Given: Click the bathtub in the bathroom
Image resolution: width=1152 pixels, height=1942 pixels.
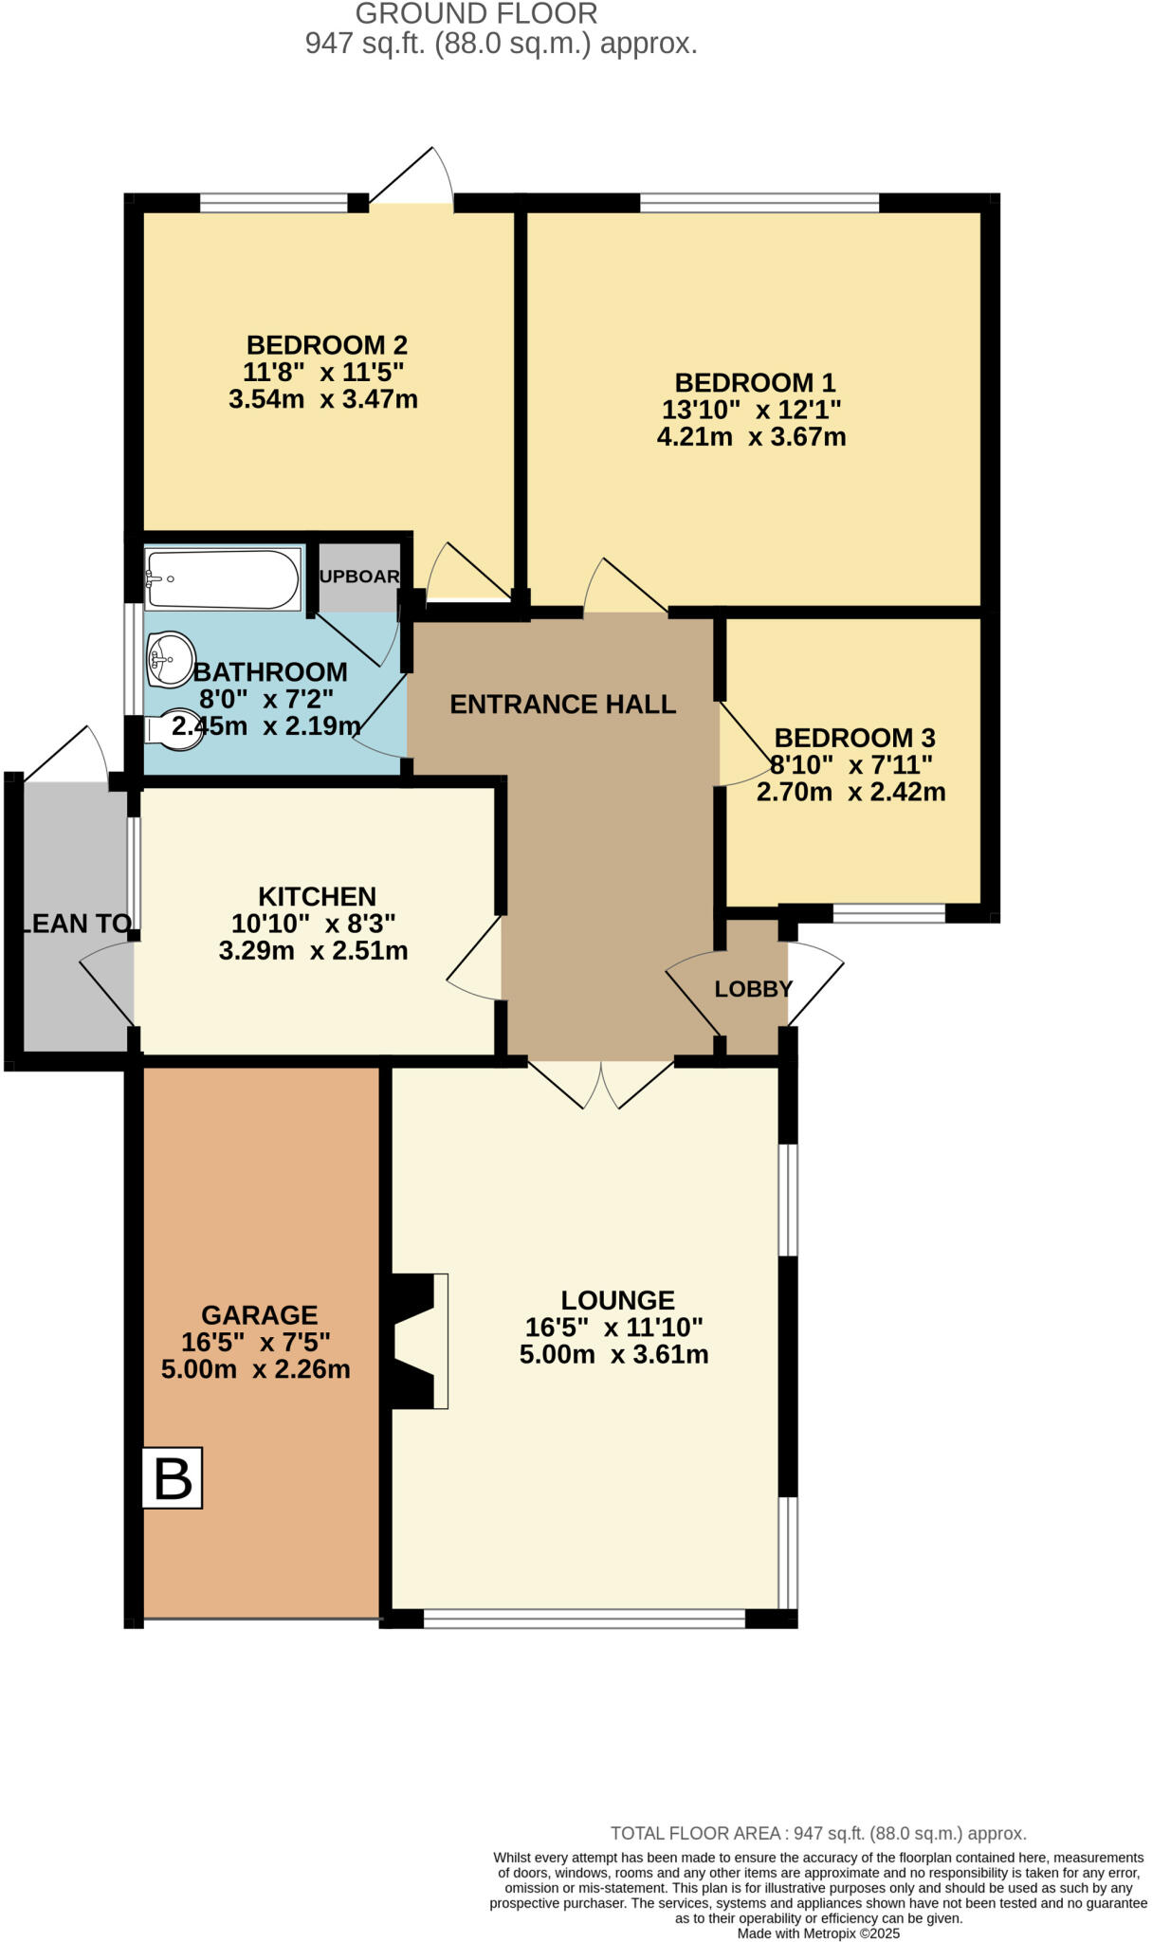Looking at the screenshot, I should pos(223,578).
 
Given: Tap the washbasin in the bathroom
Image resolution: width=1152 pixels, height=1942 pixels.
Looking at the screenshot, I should pos(171,658).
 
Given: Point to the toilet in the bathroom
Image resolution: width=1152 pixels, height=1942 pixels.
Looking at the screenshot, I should pos(176,730).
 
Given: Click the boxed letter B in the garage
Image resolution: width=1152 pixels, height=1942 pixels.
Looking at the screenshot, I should pos(173,1477).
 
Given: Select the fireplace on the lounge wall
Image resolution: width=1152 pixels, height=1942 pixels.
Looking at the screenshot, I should pos(417,1341).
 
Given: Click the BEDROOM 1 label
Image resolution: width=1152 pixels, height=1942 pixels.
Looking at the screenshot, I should pos(755,383).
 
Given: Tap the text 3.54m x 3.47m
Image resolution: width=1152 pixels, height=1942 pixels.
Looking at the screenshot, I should pos(322,399).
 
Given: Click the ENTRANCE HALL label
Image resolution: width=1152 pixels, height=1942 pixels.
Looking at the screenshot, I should pos(562,705).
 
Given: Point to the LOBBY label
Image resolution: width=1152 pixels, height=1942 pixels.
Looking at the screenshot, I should pos(753,989).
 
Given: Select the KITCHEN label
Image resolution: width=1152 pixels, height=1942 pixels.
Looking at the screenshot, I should pos(317,896).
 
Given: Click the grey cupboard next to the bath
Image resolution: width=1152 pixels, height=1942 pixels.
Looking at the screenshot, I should pos(358,577).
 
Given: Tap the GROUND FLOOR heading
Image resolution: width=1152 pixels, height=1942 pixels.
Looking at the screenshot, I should pos(476,14).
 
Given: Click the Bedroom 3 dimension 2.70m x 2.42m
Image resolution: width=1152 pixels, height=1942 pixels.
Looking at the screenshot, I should pos(850,792).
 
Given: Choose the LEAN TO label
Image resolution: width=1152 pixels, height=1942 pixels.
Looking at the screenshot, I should pos(75,924).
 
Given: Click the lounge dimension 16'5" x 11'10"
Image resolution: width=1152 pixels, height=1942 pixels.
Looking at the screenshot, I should pos(614,1328).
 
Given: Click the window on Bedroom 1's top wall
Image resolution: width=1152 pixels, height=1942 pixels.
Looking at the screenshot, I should pos(759,202).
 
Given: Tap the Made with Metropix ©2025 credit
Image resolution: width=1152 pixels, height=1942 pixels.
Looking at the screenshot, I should pos(817,1933).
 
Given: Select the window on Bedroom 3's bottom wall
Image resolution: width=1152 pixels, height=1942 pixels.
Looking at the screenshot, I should pos(888,913).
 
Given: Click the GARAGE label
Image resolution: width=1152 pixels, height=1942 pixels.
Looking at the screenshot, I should pos(259,1315).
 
